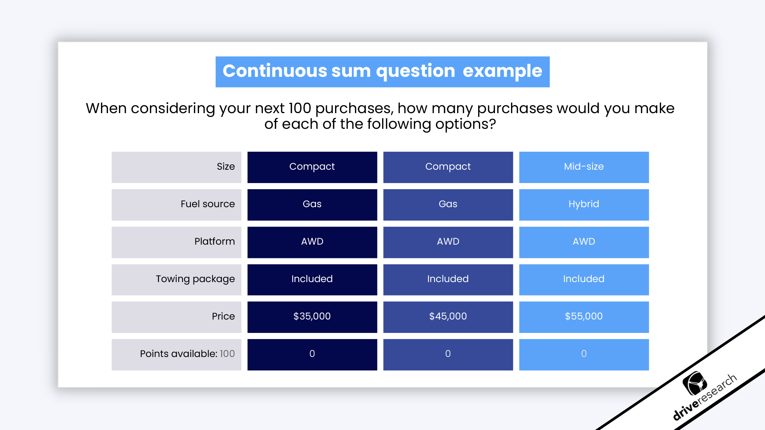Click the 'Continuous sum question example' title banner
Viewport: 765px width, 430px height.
382,71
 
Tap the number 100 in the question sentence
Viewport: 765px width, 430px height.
300,109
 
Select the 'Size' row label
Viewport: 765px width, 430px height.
226,167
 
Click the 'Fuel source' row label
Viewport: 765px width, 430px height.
208,204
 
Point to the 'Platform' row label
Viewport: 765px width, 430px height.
215,242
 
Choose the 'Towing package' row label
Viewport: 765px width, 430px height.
195,279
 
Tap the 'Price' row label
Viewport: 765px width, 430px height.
223,316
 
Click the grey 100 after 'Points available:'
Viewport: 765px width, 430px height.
227,354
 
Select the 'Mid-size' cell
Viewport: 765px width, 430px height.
584,167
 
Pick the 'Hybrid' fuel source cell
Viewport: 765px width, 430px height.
584,204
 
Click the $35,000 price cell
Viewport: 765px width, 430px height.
312,316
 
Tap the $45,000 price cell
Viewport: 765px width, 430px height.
448,316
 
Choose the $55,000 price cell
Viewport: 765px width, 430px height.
584,316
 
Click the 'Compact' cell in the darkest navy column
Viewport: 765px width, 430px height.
312,167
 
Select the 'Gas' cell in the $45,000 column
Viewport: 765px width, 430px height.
448,204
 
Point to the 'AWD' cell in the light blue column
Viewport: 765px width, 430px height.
584,242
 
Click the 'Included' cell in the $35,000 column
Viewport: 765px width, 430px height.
312,279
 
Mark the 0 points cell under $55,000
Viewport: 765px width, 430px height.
584,354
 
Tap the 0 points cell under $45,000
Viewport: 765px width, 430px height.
448,354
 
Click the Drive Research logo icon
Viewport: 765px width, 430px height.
695,383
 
